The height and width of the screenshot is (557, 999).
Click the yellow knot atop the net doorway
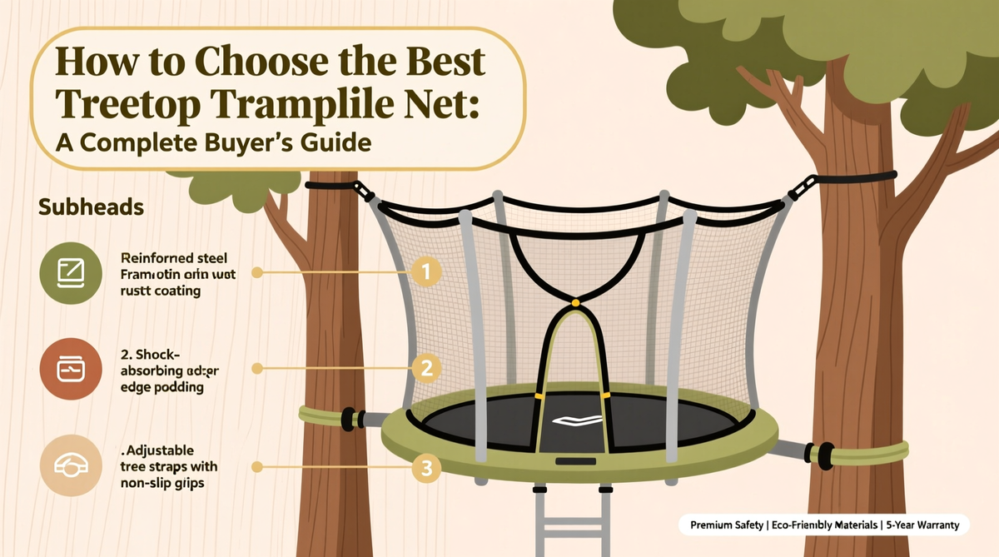pyautogui.click(x=574, y=305)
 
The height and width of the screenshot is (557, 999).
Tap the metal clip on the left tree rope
pyautogui.click(x=363, y=191)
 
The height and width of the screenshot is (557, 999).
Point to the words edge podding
pyautogui.click(x=157, y=388)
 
